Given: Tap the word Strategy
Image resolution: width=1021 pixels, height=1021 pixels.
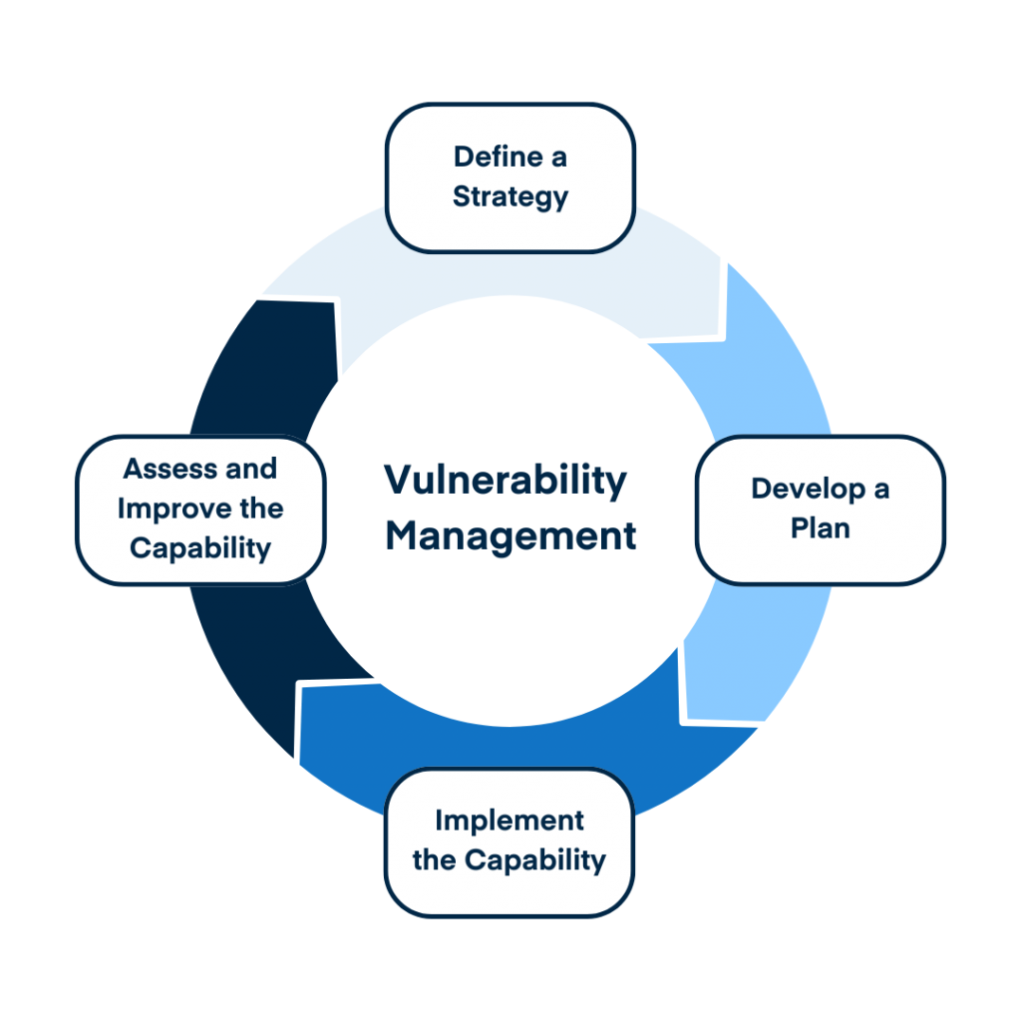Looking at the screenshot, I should pos(510,196).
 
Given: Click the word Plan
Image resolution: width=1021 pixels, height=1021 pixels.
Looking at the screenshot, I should pos(820,528).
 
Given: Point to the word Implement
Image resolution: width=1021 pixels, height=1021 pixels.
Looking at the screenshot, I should pos(509,821).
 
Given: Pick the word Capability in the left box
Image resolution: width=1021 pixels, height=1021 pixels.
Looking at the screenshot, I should pos(200,548).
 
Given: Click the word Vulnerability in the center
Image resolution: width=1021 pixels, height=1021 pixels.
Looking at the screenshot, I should pos(506,482).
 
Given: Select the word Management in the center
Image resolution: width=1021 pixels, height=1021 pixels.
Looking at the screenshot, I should pos(510,536).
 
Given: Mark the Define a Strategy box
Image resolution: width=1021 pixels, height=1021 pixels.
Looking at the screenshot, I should pos(510,177).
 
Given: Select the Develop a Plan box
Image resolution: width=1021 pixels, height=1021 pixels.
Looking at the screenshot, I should pos(820,509).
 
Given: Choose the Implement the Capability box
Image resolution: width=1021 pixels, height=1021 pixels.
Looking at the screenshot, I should pos(509,841).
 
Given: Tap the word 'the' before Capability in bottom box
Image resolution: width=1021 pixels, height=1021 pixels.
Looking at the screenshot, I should pos(434,859).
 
